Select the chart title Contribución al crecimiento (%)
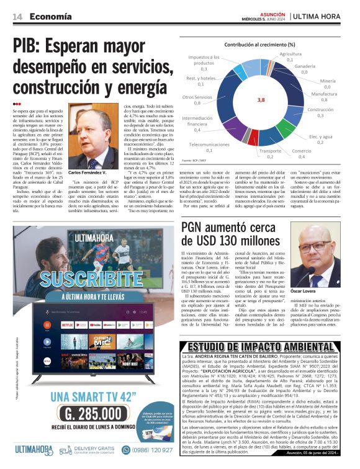point(259,45)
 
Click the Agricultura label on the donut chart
point(290,54)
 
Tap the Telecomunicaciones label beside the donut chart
point(209,144)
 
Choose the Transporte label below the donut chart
point(270,151)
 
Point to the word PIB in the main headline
point(34,46)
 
